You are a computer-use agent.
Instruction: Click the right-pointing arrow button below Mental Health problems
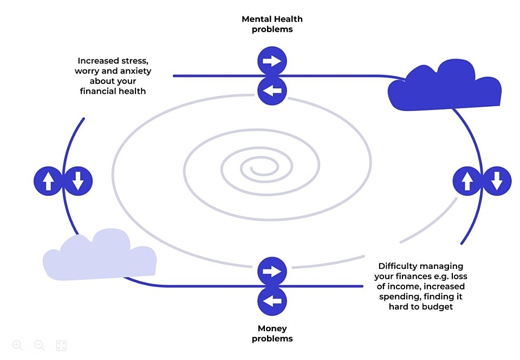click(271, 61)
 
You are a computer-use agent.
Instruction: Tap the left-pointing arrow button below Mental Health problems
click(271, 91)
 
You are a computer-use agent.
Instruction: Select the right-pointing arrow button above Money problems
click(271, 271)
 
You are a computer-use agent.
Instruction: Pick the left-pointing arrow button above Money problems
click(271, 301)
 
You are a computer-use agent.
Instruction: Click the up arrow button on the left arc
click(48, 181)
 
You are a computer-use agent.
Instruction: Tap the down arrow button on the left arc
click(78, 181)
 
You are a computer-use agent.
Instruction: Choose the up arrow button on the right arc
click(467, 181)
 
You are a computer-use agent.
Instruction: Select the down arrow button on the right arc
click(497, 181)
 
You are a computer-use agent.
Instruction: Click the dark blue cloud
click(444, 87)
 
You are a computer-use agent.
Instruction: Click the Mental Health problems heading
click(272, 24)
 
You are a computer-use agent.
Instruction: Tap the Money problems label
click(272, 333)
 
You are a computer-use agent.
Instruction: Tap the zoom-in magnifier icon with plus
click(18, 345)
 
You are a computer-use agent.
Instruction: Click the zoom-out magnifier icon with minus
click(40, 345)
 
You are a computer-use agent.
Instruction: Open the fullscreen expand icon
click(61, 345)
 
